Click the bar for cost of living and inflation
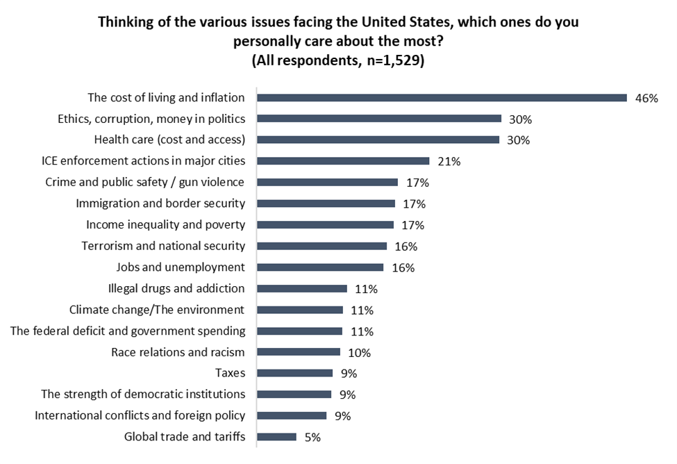pos(442,98)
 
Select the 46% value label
pos(646,98)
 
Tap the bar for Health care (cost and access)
pos(378,140)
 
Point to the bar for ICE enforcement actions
pos(343,161)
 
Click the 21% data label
pos(449,161)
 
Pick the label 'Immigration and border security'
pos(160,204)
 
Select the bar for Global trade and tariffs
pos(276,437)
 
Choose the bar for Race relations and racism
pos(299,352)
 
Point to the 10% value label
pos(359,352)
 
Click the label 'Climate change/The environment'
pos(157,309)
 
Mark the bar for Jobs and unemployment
pos(320,267)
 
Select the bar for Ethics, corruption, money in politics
pos(379,119)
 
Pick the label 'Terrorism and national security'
pos(163,246)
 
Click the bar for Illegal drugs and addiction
pos(302,288)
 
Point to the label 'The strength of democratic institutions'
pos(143,395)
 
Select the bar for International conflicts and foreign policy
pos(292,416)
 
